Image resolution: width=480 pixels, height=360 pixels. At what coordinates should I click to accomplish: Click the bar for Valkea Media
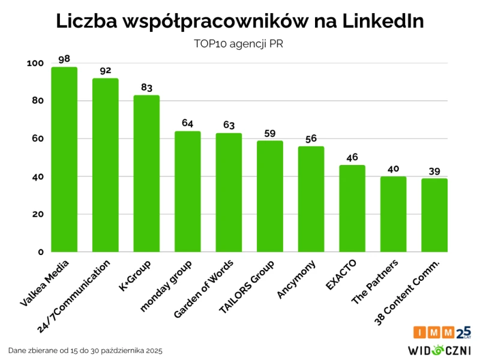click(x=64, y=160)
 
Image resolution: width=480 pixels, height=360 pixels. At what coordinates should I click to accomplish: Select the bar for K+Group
click(x=146, y=174)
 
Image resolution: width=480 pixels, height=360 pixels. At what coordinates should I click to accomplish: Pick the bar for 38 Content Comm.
click(x=434, y=215)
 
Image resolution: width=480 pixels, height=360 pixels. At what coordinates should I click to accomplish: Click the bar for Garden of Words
click(x=229, y=193)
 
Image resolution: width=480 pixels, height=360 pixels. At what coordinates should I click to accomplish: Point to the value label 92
click(x=106, y=70)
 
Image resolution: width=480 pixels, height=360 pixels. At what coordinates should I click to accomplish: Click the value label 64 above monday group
click(x=188, y=123)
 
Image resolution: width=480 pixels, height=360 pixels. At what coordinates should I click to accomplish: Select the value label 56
click(x=311, y=139)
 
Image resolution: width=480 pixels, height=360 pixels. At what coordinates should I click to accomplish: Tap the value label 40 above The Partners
click(x=393, y=169)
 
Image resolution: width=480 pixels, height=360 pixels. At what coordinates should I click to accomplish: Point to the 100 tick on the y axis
click(x=35, y=63)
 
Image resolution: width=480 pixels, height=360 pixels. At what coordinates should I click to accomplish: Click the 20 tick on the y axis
click(x=38, y=214)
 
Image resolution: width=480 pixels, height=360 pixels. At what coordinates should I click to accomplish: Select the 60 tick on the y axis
click(x=38, y=139)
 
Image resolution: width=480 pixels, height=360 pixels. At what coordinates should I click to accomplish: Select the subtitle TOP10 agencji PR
click(x=239, y=44)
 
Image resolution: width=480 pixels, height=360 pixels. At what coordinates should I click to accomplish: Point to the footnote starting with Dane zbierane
click(x=85, y=350)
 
